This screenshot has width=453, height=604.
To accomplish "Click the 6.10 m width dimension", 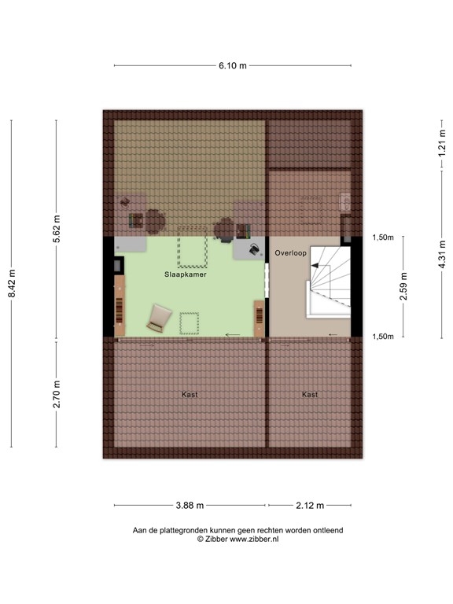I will (x=232, y=66).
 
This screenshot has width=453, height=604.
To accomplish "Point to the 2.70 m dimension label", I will (x=57, y=394).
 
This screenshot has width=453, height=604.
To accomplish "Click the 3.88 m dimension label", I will (x=190, y=505).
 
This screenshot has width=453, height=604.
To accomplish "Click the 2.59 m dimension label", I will (x=404, y=286).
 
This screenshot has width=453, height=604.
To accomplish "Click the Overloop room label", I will (x=291, y=252).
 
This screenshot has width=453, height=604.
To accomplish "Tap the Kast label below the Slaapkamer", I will (x=190, y=394).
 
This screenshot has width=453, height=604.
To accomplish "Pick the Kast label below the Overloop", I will (x=310, y=394).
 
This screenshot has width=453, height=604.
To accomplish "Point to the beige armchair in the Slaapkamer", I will (x=160, y=317).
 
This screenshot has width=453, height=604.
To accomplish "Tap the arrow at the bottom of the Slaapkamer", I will (x=233, y=336).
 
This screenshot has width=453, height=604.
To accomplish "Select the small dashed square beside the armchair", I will (x=190, y=323).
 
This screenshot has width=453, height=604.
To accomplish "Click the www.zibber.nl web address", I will (x=253, y=540).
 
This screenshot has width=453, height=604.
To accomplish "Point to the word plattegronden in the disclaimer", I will (x=185, y=531).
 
